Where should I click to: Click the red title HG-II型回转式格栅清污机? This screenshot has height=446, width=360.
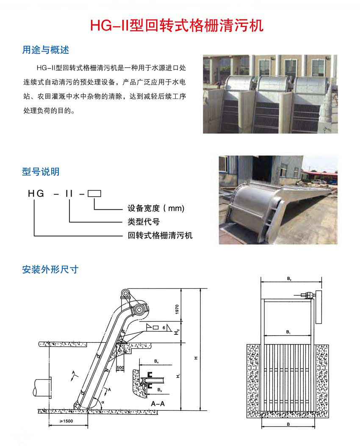click(x=177, y=25)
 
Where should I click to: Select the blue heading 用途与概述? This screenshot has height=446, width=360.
click(x=46, y=50)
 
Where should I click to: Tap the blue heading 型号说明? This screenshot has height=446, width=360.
click(x=41, y=171)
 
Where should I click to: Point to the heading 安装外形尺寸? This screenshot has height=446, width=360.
click(x=50, y=270)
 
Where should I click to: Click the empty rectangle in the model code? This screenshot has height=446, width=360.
click(x=94, y=194)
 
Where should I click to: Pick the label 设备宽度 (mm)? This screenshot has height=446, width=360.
click(x=156, y=208)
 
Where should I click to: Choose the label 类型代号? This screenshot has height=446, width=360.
click(x=144, y=222)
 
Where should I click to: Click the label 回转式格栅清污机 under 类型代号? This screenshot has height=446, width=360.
click(x=160, y=235)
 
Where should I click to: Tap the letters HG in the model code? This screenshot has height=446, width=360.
click(x=36, y=194)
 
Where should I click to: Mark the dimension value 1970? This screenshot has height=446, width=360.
click(x=177, y=309)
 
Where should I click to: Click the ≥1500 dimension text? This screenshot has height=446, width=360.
click(x=66, y=421)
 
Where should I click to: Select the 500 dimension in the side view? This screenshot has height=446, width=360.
click(x=120, y=367)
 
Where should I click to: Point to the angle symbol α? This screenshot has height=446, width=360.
click(x=103, y=402)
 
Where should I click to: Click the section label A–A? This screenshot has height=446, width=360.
click(x=158, y=404)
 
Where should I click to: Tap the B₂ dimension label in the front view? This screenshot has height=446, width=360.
click(x=289, y=279)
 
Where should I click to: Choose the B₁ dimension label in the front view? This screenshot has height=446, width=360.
click(x=288, y=332)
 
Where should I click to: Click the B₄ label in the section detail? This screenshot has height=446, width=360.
click(x=156, y=361)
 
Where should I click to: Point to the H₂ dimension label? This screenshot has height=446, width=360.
click(x=177, y=332)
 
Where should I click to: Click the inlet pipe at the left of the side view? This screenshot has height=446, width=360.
click(x=42, y=388)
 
